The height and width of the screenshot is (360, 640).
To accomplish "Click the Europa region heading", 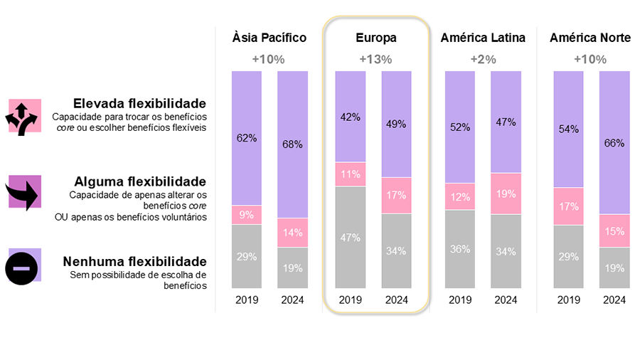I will point(376,38).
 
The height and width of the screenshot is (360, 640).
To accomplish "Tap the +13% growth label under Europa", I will point(375,59).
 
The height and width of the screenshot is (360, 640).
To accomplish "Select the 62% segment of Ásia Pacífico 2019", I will point(247,138).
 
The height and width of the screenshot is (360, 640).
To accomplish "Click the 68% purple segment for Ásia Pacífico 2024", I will point(292,144).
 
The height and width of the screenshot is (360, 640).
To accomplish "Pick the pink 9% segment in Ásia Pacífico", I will point(247,215).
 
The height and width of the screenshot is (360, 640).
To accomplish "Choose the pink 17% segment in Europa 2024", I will point(396,195).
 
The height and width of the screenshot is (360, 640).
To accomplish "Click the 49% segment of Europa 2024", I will point(396,124).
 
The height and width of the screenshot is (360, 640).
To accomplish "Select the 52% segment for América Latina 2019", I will point(459,127).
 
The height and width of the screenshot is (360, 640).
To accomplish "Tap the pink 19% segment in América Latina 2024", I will point(505,193).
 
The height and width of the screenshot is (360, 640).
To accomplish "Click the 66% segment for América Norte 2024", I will point(614,143).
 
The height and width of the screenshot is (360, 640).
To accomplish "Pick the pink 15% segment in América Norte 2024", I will point(614,231).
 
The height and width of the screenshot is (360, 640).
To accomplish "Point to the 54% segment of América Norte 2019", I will point(568,129).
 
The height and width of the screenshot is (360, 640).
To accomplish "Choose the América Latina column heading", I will point(483,38).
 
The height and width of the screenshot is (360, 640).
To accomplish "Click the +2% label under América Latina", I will point(483,59).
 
